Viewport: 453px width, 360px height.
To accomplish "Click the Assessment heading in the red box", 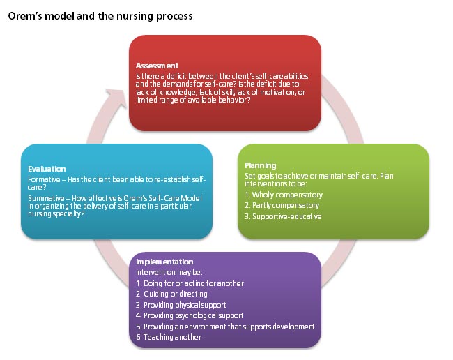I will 157,66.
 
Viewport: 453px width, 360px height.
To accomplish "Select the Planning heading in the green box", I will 261,165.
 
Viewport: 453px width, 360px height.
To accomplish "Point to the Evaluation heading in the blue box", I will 47,168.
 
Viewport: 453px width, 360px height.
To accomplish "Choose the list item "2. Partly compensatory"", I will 282,205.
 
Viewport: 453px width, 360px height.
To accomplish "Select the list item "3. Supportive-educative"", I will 283,216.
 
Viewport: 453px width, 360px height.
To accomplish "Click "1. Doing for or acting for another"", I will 190,283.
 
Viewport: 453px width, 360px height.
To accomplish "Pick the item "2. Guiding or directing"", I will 171,294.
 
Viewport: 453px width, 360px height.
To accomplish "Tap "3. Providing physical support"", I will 181,305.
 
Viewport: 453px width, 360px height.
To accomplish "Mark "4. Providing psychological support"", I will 190,315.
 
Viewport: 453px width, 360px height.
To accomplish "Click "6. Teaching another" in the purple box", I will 169,337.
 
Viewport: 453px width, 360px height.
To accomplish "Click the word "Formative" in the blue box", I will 43,180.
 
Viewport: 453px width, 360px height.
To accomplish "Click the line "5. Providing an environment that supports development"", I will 225,327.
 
